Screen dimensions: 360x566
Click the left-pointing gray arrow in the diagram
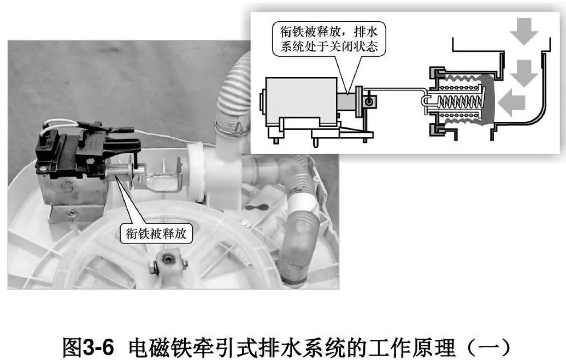click(514, 102)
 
